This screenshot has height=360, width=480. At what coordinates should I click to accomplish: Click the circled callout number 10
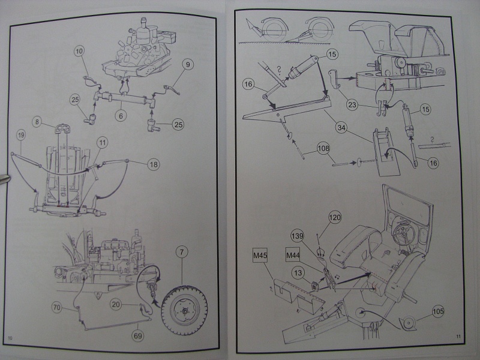point(79,52)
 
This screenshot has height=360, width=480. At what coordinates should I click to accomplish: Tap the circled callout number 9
point(187,64)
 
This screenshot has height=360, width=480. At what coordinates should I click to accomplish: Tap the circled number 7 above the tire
point(182,254)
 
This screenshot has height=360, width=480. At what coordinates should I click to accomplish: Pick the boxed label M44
point(292,256)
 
